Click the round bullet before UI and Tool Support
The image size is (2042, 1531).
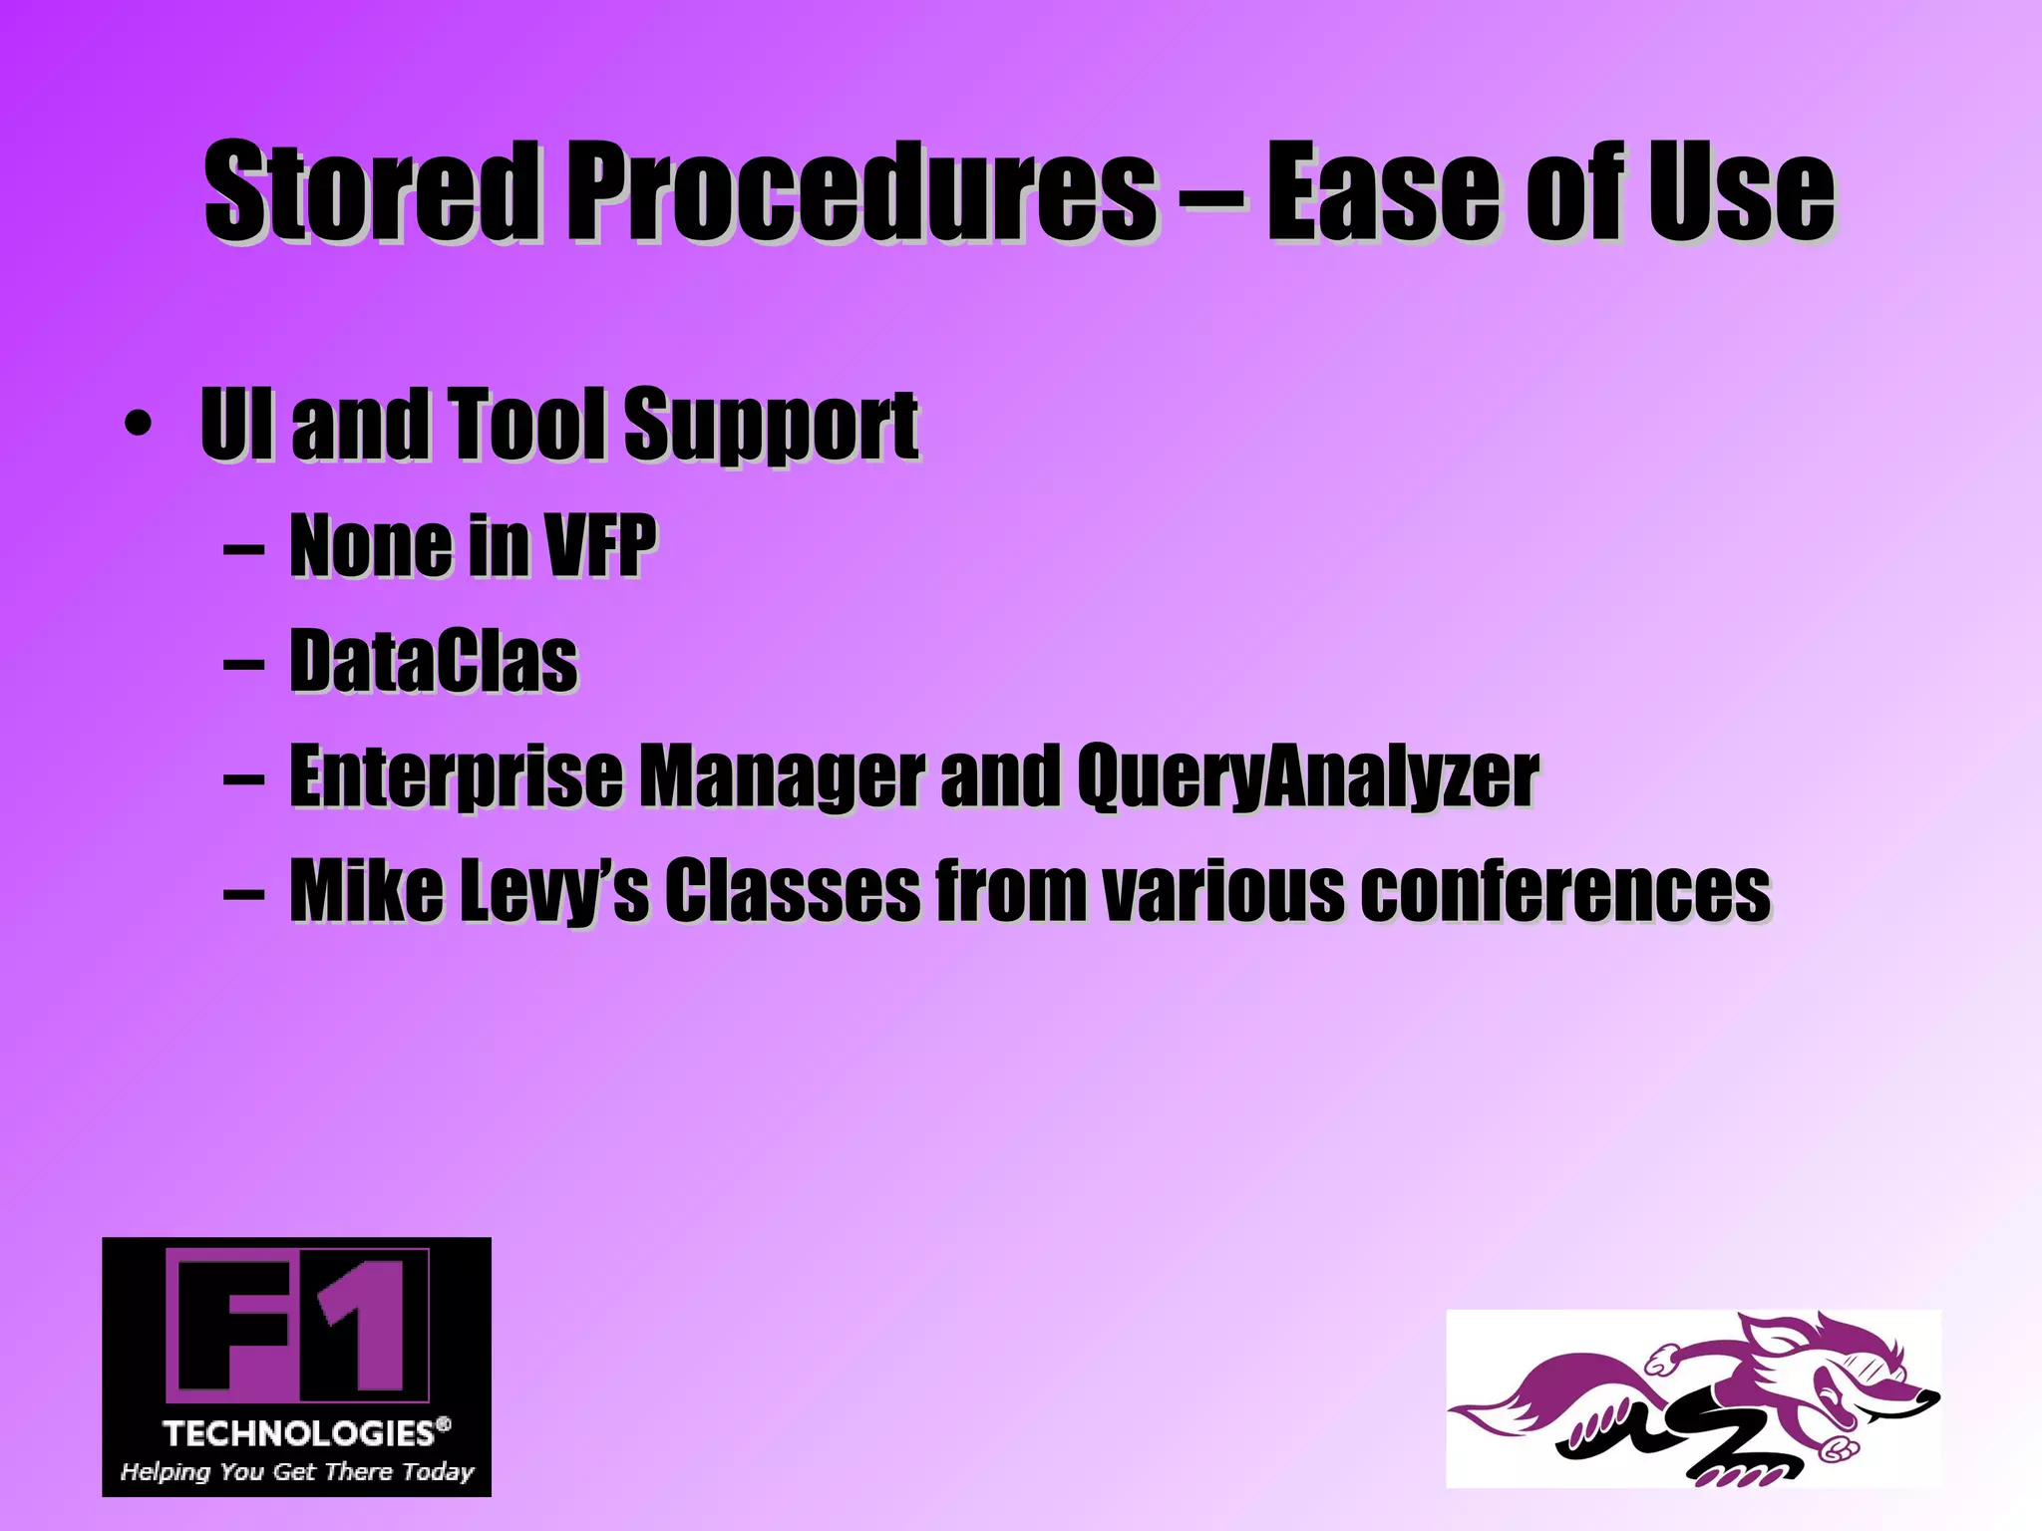tap(139, 426)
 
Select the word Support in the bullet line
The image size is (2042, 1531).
tap(771, 427)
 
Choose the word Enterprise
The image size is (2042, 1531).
tap(456, 777)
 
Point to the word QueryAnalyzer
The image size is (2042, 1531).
tap(1307, 777)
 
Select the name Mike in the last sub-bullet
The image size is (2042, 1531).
tap(366, 890)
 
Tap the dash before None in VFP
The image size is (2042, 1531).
tap(244, 547)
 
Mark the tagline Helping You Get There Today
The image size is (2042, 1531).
tap(297, 1471)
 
